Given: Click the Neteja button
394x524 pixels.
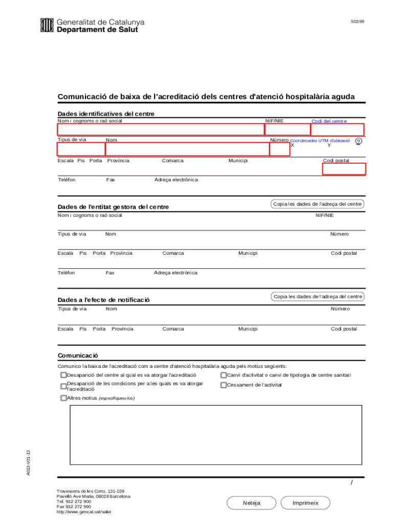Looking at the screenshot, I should pyautogui.click(x=251, y=503).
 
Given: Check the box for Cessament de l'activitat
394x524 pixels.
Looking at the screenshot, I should pyautogui.click(x=224, y=385).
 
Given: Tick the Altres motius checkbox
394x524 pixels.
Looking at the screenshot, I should pyautogui.click(x=63, y=398).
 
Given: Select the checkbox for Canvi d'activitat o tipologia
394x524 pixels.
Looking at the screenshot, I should pyautogui.click(x=224, y=375).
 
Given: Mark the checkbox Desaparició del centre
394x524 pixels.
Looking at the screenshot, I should pyautogui.click(x=63, y=375).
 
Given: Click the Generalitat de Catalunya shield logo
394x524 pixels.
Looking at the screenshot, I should pyautogui.click(x=47, y=25).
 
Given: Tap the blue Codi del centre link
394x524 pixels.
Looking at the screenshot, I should pyautogui.click(x=329, y=121).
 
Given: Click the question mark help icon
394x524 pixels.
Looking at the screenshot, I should pyautogui.click(x=358, y=142).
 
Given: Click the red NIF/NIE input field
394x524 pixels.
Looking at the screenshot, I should pyautogui.click(x=287, y=129).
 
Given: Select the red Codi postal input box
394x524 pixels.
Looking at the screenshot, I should pyautogui.click(x=344, y=169).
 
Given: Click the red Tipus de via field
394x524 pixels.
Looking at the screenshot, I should pyautogui.click(x=81, y=149).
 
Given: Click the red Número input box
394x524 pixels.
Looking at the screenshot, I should pyautogui.click(x=279, y=149).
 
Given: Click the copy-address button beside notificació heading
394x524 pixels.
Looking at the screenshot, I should pyautogui.click(x=317, y=296).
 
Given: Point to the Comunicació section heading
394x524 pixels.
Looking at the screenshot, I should pyautogui.click(x=78, y=355).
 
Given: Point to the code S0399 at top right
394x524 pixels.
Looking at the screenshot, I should pyautogui.click(x=357, y=22).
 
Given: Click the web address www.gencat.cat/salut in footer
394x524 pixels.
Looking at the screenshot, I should pyautogui.click(x=84, y=512).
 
